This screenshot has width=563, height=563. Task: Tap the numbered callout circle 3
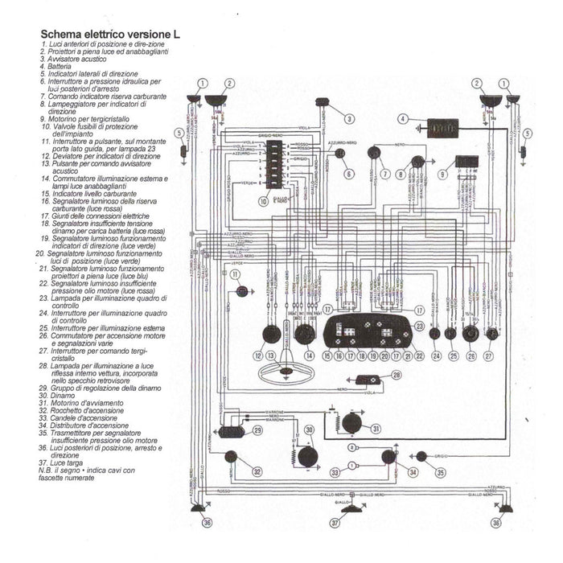[350, 119]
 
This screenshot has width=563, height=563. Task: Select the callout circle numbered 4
[401, 119]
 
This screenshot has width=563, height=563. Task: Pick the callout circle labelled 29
[257, 431]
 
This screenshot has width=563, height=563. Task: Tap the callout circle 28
[396, 376]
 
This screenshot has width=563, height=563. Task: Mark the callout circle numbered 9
[442, 174]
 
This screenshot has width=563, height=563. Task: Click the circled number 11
[234, 274]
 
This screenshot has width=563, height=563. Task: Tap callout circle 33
[335, 473]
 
